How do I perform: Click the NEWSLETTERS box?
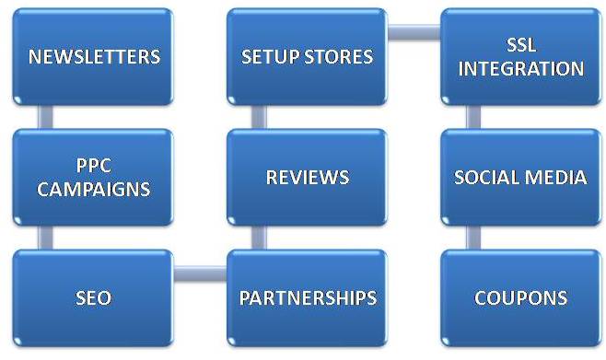(x=94, y=56)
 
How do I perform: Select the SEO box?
(x=94, y=297)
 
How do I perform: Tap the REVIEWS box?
(x=307, y=177)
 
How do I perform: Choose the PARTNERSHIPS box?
(x=307, y=297)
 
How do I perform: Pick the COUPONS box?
(x=520, y=297)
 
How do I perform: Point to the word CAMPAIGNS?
(x=94, y=189)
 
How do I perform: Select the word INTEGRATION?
(x=520, y=69)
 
